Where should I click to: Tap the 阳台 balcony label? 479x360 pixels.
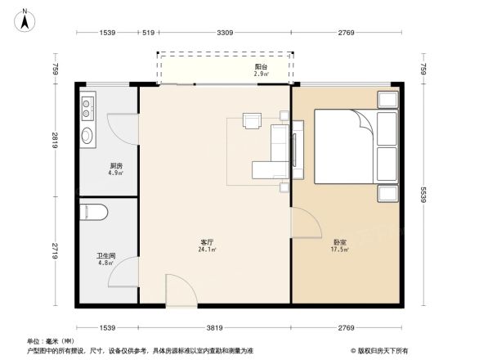tap(260, 67)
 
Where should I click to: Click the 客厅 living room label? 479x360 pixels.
tap(207, 241)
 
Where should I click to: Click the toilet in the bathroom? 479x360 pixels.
tap(95, 213)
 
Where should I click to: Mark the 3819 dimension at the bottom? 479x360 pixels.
tap(214, 327)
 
